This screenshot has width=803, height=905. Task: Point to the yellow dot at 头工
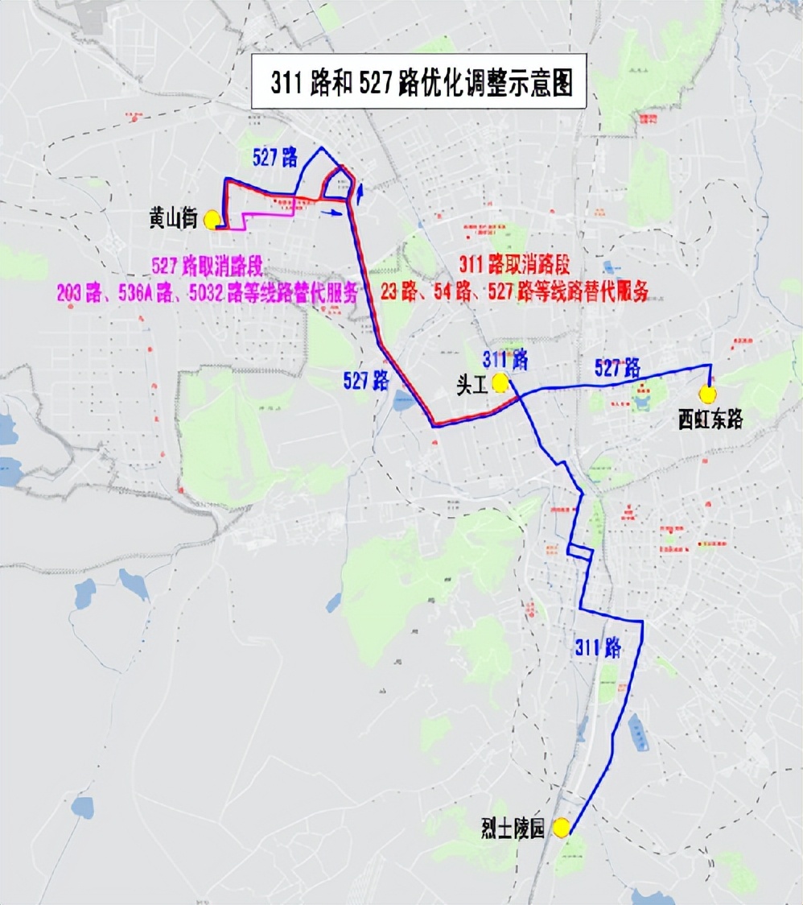(500, 382)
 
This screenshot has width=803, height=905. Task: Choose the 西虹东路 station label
(710, 420)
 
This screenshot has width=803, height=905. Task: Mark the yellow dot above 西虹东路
(708, 394)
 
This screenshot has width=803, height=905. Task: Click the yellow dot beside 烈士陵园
(561, 827)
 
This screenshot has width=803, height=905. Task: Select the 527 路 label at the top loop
(274, 158)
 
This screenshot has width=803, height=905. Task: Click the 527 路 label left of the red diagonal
(366, 381)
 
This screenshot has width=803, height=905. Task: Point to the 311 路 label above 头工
(504, 358)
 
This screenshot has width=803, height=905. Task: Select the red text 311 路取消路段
(514, 266)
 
